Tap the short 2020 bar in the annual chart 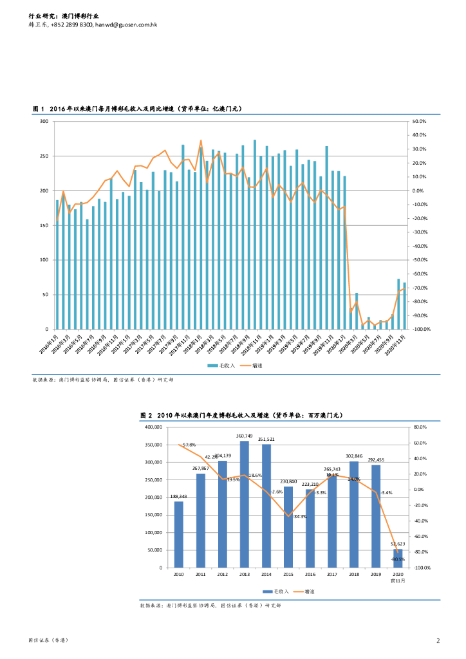398,558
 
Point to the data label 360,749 244,436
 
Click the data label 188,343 178,496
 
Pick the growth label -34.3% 300,517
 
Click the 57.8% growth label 189,445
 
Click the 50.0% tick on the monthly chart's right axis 420,121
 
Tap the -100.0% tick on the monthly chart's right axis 421,329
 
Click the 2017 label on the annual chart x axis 332,574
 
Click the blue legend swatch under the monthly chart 212,365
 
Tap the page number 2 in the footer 438,640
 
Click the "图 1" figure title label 39,109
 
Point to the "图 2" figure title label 146,416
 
